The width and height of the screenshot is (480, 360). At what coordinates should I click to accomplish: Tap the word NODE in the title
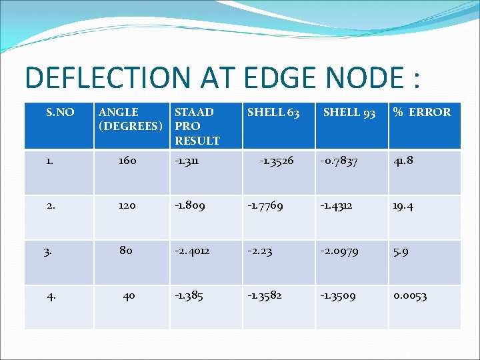[354, 77]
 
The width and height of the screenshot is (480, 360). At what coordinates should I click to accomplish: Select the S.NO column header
[60, 112]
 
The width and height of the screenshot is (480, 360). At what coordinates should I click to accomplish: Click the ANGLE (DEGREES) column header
[130, 119]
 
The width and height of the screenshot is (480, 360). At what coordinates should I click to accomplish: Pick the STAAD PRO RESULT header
[197, 126]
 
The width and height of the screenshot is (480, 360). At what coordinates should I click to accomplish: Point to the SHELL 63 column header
[273, 112]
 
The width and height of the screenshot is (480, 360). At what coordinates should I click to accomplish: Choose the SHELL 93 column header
[349, 112]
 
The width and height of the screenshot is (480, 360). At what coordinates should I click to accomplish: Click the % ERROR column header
[422, 112]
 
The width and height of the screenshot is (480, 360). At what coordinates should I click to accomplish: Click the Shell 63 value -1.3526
[276, 161]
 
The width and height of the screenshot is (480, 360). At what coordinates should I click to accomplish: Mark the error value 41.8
[403, 161]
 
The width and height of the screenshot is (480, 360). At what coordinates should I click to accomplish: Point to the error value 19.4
[403, 206]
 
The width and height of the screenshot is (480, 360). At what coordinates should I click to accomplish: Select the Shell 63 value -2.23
[259, 251]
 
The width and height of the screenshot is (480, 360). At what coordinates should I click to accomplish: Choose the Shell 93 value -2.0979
[339, 251]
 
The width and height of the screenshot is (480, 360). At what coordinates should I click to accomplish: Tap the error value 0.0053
[410, 295]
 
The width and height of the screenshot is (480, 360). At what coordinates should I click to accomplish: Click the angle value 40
[129, 295]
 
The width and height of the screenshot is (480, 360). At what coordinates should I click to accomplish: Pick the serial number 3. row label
[47, 252]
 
